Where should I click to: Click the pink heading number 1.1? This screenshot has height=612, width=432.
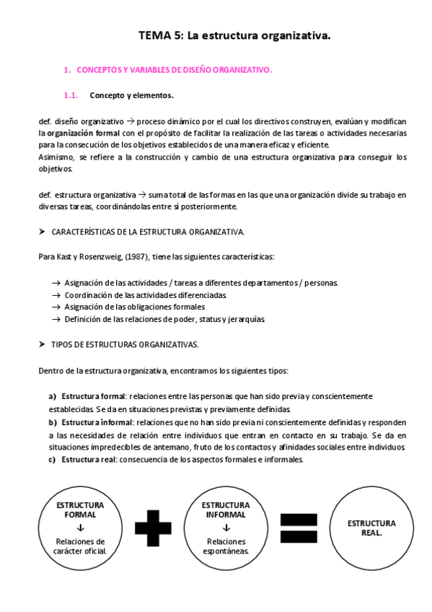[71, 95]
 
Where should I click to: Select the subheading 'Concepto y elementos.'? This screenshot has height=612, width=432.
[131, 95]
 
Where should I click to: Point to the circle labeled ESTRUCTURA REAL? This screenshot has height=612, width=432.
[371, 527]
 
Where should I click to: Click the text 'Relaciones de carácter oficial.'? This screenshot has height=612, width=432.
[80, 546]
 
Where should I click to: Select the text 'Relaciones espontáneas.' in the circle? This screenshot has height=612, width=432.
[226, 546]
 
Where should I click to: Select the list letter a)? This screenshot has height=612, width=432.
[53, 396]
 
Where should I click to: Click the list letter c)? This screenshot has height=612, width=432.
[53, 459]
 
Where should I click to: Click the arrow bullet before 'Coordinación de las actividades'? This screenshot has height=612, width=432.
[56, 295]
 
